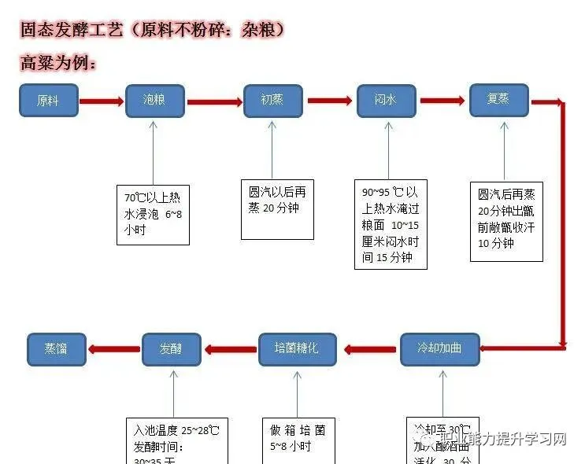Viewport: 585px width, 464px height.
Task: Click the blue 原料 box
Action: pos(49,101)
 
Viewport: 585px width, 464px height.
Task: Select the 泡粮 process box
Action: pos(155,101)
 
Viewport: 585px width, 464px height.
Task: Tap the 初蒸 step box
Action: pos(272,101)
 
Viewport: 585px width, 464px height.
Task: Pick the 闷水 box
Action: pos(386,101)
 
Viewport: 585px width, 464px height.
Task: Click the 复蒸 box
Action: pos(499,100)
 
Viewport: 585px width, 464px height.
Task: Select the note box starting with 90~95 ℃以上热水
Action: pos(391,224)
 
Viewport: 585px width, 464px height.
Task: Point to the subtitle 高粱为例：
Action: pos(59,62)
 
